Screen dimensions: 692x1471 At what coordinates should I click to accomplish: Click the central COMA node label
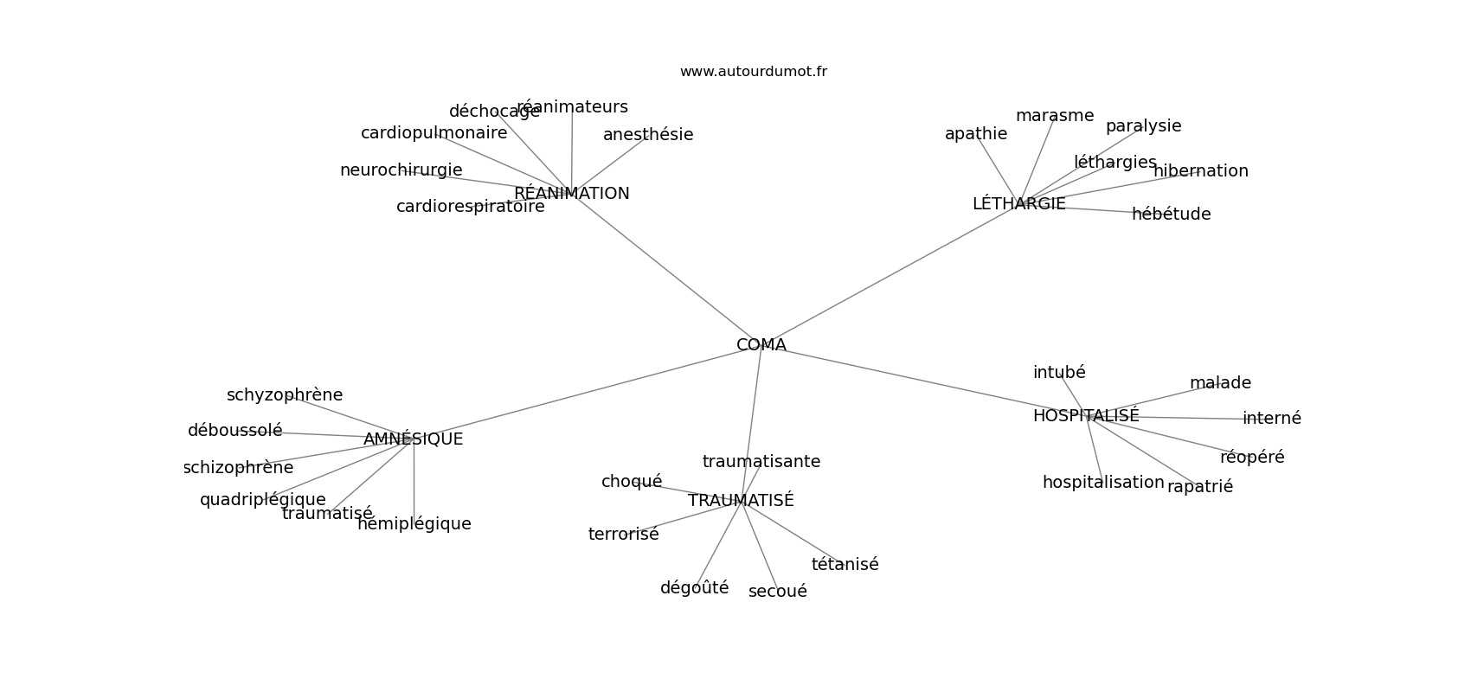pos(761,345)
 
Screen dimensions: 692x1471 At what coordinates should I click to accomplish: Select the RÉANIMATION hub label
pos(572,194)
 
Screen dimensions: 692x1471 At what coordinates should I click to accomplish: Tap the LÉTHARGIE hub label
pos(1018,204)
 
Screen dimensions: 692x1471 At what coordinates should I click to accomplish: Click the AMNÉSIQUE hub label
pos(413,439)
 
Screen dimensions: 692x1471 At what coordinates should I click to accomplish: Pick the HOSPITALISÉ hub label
pos(1086,416)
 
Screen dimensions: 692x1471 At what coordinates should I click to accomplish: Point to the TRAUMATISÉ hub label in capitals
pos(741,501)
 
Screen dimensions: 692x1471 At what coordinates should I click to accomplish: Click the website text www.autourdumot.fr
pos(753,72)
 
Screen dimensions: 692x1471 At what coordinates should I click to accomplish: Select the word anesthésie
pos(648,135)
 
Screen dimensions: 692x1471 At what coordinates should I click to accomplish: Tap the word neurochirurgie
pos(401,170)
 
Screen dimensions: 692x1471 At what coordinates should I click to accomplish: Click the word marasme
pos(1054,116)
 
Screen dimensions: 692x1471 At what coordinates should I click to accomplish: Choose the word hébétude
pos(1171,215)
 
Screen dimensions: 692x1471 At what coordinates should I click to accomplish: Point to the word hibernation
pos(1200,171)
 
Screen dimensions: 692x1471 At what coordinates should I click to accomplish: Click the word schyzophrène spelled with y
pos(285,395)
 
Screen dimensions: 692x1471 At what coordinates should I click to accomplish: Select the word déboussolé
pos(234,431)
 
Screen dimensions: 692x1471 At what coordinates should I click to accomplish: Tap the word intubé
pos(1059,373)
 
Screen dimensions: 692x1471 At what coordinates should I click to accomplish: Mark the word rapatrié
pos(1199,487)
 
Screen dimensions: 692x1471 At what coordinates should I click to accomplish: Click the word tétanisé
pos(845,565)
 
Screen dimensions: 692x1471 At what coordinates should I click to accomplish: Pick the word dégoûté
pos(694,588)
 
